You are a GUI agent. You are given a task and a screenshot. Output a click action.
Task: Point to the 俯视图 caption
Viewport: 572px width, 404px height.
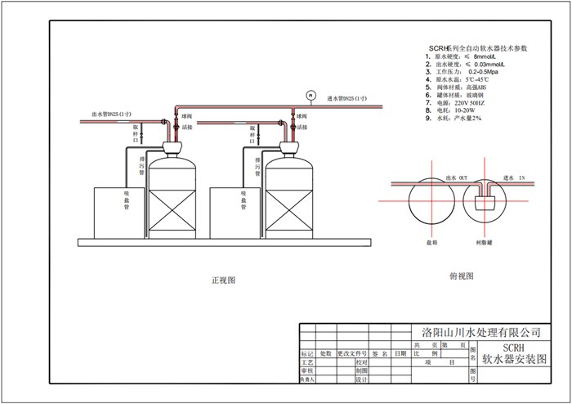coord(462,276)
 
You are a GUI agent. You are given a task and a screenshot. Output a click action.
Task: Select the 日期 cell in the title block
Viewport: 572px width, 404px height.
coord(400,354)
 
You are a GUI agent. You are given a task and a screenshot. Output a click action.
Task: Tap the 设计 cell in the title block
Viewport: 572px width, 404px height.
coord(360,379)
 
